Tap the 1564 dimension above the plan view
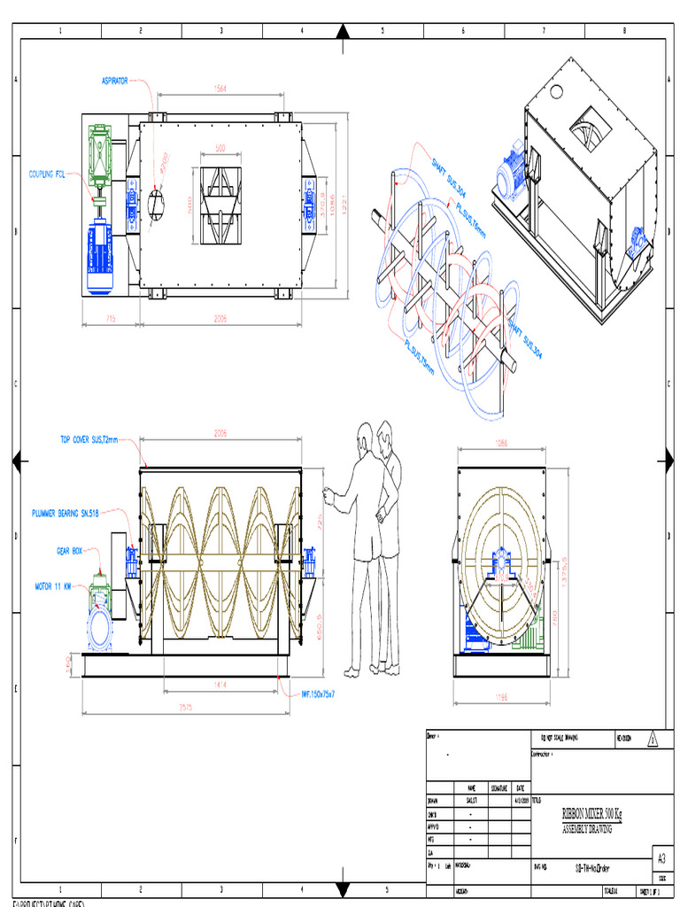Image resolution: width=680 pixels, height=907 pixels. click(220, 89)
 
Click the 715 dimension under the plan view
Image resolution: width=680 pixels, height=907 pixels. click(111, 319)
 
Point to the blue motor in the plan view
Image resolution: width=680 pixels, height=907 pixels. click(99, 257)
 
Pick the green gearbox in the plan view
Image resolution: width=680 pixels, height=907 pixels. click(99, 154)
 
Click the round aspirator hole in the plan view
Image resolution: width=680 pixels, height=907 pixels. click(156, 203)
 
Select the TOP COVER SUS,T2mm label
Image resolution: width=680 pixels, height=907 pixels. click(89, 438)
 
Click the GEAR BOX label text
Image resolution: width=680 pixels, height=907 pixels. click(69, 550)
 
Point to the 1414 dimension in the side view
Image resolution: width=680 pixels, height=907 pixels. click(220, 685)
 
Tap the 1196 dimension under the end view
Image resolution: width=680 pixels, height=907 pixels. click(501, 697)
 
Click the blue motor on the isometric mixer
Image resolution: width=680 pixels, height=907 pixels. click(512, 174)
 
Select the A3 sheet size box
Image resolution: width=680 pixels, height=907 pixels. click(661, 857)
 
